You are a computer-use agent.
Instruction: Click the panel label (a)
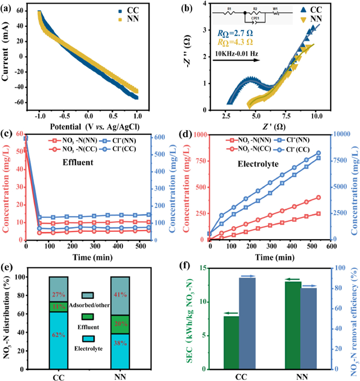point(7,7)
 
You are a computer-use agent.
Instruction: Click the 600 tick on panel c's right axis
point(157,138)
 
